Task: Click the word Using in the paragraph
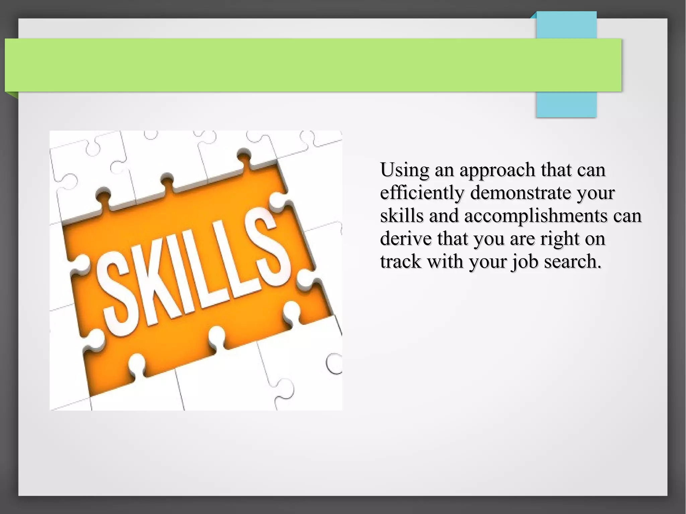coord(405,170)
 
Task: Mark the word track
coord(400,262)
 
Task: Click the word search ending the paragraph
coord(572,262)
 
